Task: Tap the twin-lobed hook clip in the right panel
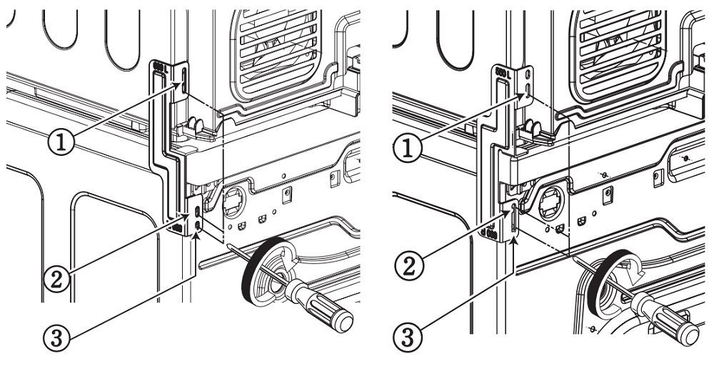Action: point(531,129)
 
